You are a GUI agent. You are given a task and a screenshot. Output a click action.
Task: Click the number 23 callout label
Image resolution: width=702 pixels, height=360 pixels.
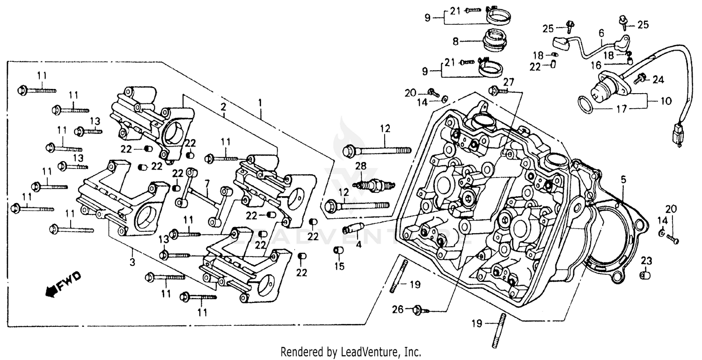646,260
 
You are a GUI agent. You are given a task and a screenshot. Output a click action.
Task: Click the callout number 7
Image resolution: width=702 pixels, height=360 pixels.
207,181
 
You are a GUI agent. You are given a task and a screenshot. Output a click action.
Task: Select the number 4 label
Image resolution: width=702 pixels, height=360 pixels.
358,244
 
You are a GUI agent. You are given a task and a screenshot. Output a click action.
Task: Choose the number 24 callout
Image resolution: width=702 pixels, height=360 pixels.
658,80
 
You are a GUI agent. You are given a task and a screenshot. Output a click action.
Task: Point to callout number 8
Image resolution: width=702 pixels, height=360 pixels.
454,41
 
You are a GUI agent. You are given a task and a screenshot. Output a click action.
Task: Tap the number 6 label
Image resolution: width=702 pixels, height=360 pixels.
601,33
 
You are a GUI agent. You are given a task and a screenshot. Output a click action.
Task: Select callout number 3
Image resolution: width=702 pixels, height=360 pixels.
132,262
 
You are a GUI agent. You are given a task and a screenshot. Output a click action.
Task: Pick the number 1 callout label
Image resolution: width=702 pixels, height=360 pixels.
260,102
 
